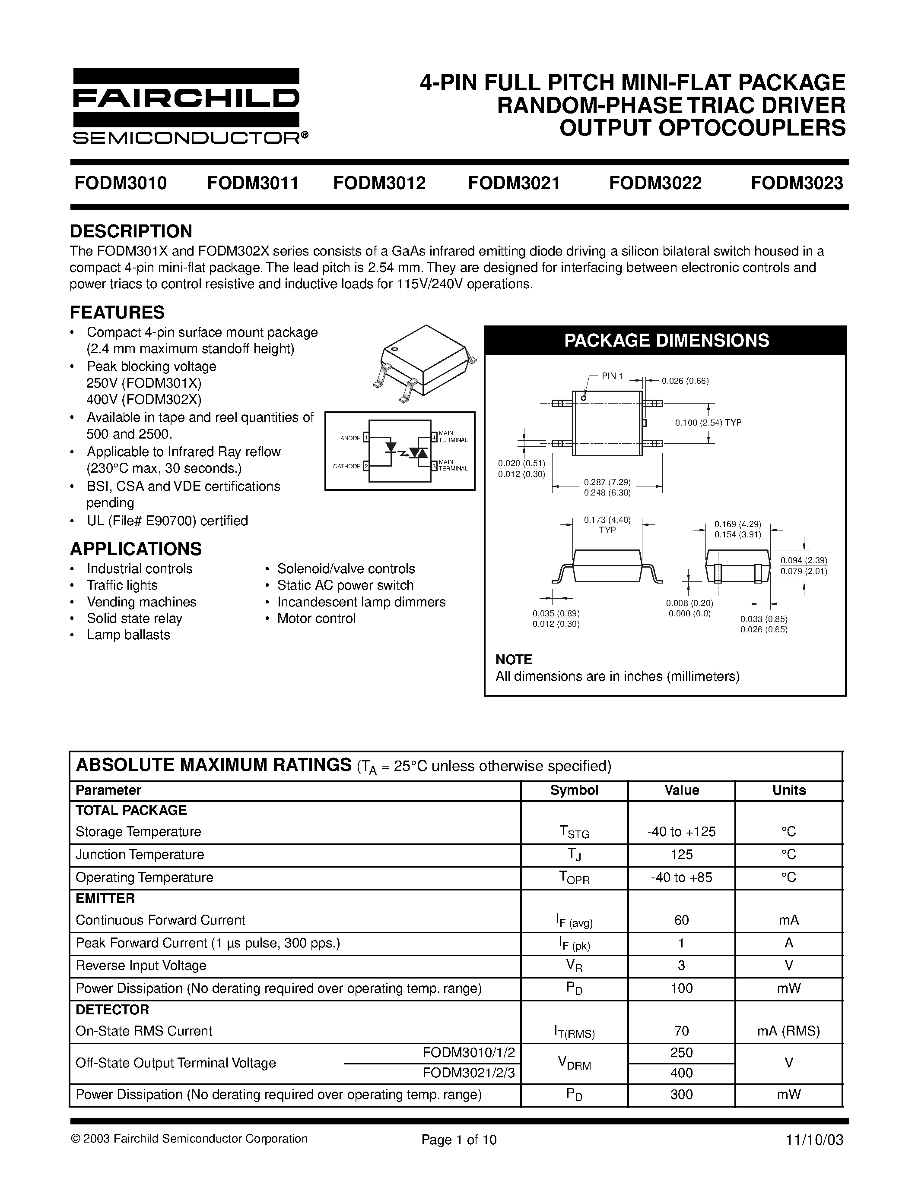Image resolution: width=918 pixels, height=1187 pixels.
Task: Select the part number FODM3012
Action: coord(379,183)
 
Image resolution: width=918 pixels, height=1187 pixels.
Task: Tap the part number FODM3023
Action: coord(797,183)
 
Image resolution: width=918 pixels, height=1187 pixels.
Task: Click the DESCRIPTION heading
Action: coord(131,231)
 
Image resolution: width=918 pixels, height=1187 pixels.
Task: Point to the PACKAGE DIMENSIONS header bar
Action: coord(666,340)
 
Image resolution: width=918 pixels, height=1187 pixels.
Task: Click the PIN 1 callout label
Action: coord(612,376)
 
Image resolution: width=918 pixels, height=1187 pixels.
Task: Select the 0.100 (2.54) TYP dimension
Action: coord(708,422)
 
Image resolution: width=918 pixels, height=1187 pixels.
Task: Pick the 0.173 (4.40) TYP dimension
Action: coord(607,524)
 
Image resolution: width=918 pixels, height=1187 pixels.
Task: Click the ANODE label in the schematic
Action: coord(350,438)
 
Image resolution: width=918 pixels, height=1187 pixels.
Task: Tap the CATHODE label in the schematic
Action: coord(347,466)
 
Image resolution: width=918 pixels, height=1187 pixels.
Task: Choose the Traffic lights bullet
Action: coord(122,585)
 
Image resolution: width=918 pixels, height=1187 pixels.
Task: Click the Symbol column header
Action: coord(574,790)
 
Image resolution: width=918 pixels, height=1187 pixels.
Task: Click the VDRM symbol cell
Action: coord(574,1063)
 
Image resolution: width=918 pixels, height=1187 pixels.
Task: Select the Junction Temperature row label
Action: coord(140,854)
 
